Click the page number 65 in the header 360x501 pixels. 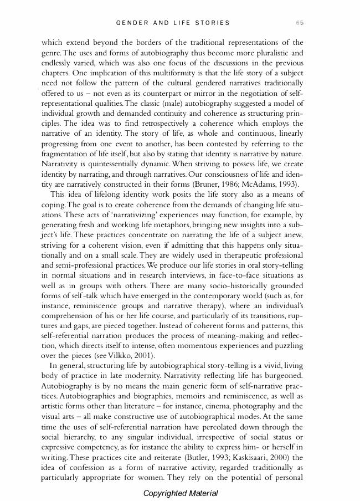tap(300, 23)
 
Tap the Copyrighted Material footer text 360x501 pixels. tap(180, 493)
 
